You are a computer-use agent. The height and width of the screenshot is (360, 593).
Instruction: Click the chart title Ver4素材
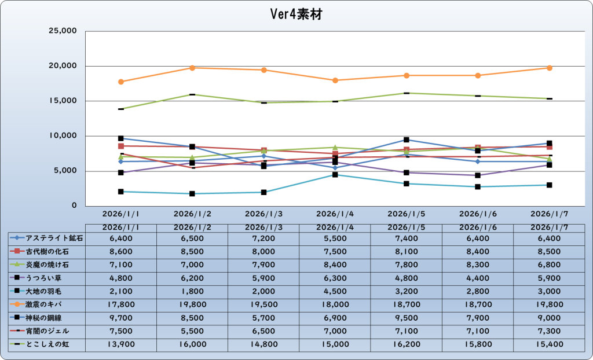(296, 14)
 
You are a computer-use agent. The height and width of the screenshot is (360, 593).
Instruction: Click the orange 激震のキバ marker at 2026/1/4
(335, 80)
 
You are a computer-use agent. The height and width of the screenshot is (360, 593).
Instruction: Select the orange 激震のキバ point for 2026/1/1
(120, 82)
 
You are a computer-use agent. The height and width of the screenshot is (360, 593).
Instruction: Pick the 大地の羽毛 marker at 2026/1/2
(192, 193)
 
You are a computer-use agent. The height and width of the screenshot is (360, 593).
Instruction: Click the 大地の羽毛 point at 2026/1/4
(335, 175)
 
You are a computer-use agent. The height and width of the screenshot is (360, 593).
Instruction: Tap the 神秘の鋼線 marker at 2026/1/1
(120, 138)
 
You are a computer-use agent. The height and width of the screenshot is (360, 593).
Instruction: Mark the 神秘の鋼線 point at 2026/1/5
(407, 139)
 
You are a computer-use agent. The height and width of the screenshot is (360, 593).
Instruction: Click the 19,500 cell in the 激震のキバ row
(263, 304)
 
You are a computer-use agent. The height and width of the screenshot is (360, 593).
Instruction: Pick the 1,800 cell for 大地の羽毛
(192, 291)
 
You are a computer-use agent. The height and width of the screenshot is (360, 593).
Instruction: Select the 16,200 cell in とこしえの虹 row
(407, 344)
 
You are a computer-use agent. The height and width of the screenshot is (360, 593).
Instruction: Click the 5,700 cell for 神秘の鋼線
(263, 318)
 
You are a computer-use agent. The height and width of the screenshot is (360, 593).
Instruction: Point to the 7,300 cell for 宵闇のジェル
(550, 331)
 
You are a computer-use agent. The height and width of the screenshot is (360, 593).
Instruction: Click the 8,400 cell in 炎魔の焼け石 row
(335, 265)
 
